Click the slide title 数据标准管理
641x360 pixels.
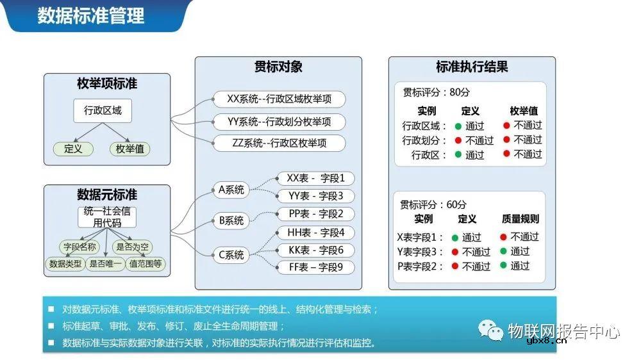(x=90, y=15)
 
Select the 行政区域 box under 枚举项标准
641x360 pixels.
(x=103, y=111)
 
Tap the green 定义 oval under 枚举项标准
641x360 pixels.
(x=73, y=149)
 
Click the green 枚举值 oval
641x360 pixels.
(x=129, y=149)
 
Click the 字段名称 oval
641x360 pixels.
(x=79, y=247)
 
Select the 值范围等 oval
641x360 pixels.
(x=146, y=263)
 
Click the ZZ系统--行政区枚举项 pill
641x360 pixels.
(x=279, y=143)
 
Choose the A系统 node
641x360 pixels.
(x=231, y=190)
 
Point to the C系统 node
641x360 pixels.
(x=231, y=255)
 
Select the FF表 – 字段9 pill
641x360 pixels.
(x=316, y=267)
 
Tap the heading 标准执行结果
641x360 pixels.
(x=472, y=67)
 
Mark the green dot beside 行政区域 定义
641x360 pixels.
(x=458, y=126)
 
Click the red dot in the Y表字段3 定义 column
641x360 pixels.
(x=455, y=252)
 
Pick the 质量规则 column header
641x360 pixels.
(x=520, y=219)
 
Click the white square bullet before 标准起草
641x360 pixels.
(x=51, y=326)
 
